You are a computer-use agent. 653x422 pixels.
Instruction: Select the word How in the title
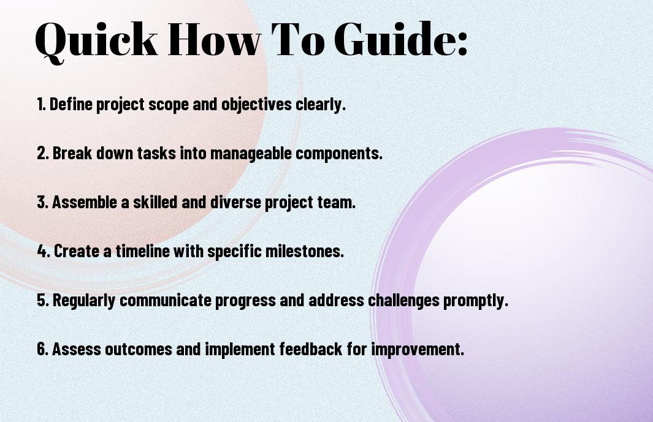click(214, 39)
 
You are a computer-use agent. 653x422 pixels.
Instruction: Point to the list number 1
click(41, 104)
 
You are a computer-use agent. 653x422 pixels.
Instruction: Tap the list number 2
click(43, 153)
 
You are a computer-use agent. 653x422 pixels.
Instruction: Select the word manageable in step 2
click(251, 154)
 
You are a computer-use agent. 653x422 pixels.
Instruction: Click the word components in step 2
click(338, 154)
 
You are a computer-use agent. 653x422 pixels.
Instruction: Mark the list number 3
click(43, 202)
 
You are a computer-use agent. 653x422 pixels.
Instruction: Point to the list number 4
click(44, 251)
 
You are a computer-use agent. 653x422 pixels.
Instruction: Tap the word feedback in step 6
click(311, 349)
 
